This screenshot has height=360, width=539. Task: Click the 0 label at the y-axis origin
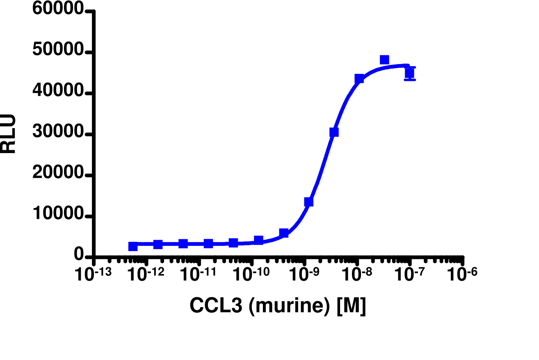(x=79, y=255)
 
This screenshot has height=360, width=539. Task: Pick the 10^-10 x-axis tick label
(x=251, y=274)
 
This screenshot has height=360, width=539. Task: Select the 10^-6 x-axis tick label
(x=462, y=274)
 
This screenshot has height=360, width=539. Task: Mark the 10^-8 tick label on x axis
(x=357, y=274)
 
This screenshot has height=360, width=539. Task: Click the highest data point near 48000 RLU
(x=384, y=60)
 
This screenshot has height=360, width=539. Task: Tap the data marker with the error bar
(x=409, y=73)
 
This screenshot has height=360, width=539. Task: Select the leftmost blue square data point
(x=133, y=246)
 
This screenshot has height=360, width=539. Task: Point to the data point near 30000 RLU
(x=334, y=132)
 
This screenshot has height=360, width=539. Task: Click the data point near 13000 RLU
(x=309, y=202)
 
